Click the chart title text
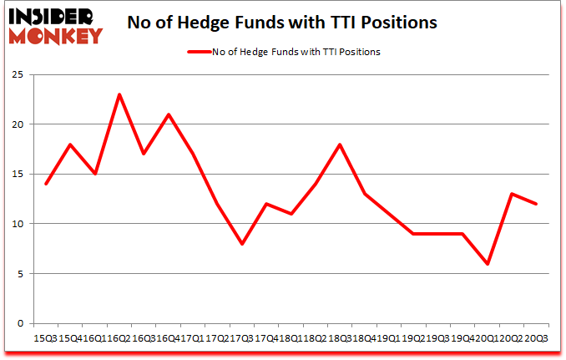pyautogui.click(x=282, y=23)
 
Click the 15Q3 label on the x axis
pyautogui.click(x=46, y=339)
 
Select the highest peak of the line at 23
pyautogui.click(x=119, y=94)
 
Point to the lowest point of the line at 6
pyautogui.click(x=487, y=264)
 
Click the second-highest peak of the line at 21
pyautogui.click(x=169, y=114)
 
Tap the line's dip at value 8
pyautogui.click(x=242, y=244)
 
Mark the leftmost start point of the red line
pyautogui.click(x=46, y=184)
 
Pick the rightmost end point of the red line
pyautogui.click(x=535, y=204)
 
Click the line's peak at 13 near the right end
pyautogui.click(x=511, y=194)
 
